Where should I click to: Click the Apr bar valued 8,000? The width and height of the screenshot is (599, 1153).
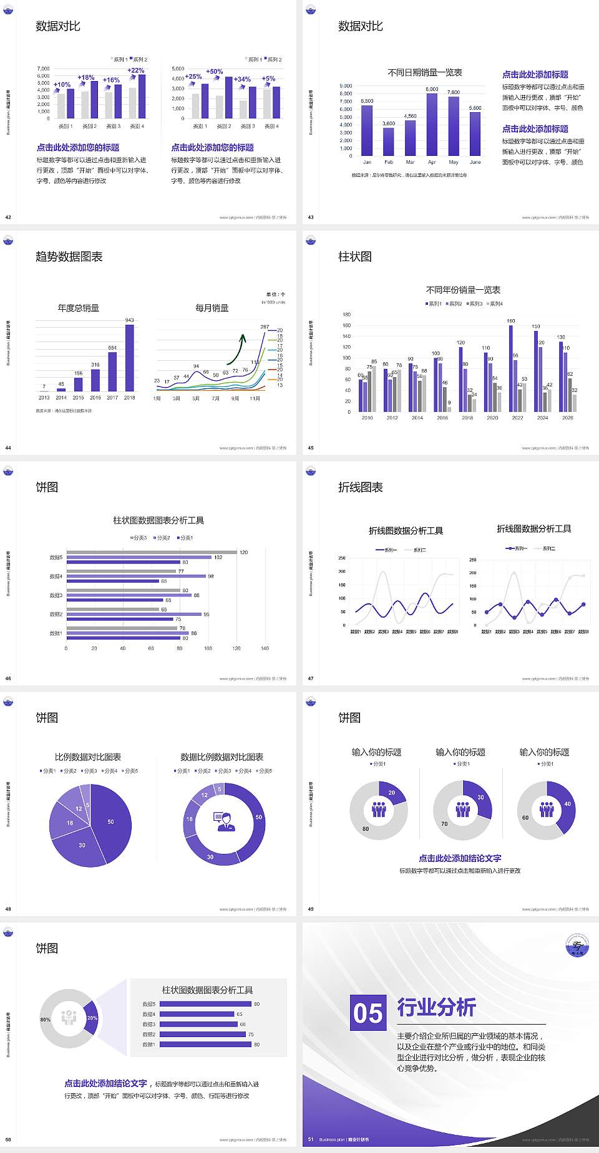(432, 125)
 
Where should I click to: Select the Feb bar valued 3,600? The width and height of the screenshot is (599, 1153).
(388, 141)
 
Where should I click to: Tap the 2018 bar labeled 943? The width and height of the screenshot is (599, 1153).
(129, 358)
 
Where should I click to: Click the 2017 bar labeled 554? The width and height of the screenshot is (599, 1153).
(112, 371)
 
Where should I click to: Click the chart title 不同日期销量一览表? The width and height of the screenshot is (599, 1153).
(424, 73)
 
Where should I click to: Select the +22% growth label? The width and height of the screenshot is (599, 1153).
(136, 70)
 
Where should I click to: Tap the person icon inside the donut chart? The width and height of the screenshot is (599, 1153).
(224, 821)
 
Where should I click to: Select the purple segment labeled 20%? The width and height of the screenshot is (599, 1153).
(92, 1018)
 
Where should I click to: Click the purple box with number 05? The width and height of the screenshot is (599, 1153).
(368, 1012)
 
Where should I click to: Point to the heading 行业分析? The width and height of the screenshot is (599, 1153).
(436, 1007)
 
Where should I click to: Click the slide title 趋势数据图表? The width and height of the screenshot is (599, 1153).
(69, 257)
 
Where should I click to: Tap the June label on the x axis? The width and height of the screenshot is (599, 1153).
(475, 162)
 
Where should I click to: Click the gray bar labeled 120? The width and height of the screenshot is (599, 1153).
(151, 552)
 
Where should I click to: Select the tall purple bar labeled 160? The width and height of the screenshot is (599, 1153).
(511, 368)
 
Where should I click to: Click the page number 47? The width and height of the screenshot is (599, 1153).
(311, 679)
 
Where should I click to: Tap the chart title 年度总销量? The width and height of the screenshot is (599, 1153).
(78, 308)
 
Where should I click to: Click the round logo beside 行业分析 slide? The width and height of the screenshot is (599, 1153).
(577, 945)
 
